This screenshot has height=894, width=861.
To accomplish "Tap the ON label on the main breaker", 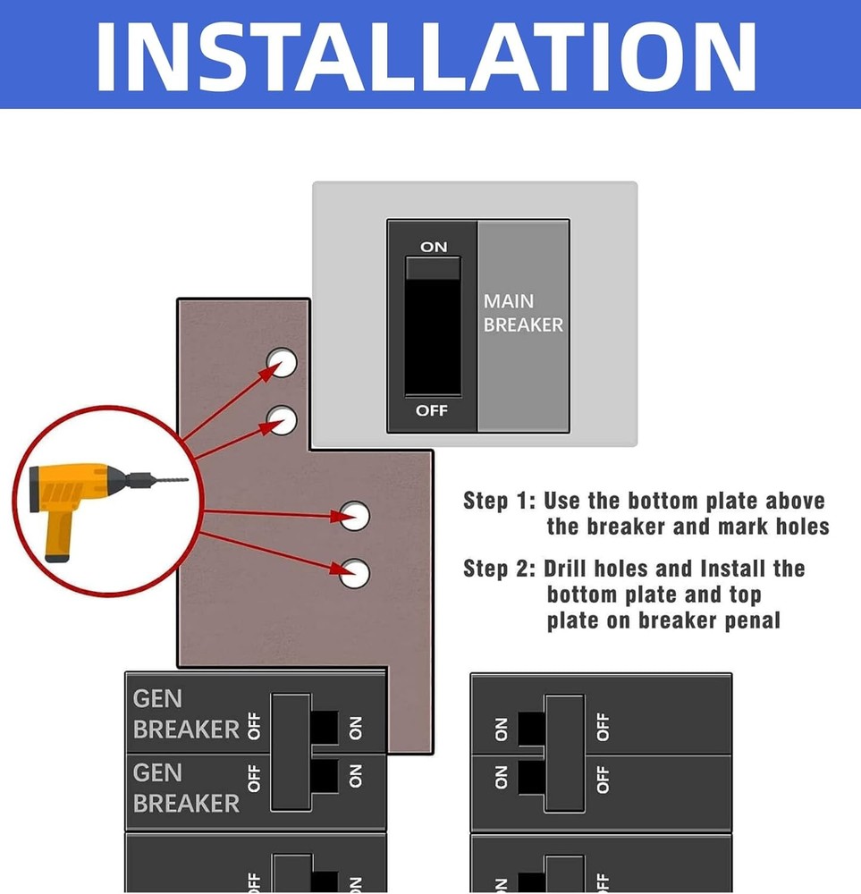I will tap(434, 246).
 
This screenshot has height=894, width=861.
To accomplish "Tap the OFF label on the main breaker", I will tap(432, 411).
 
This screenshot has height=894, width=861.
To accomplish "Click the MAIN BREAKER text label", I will tap(523, 314).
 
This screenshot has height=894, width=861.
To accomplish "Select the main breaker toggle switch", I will tap(433, 326).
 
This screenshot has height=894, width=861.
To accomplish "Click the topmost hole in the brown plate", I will tap(283, 362).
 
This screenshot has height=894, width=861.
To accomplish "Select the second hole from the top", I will tap(283, 418).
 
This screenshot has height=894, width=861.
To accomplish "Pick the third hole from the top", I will tap(355, 516).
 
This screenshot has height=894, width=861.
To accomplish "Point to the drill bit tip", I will tap(187, 480).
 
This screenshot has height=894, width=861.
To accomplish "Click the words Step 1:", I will tap(499, 501).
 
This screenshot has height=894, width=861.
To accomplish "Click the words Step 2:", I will tap(499, 569).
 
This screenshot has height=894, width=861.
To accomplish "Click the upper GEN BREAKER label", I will tap(185, 713).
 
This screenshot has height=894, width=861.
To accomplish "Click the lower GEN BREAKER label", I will tap(185, 788).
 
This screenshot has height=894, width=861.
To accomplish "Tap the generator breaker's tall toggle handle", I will tap(291, 751).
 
